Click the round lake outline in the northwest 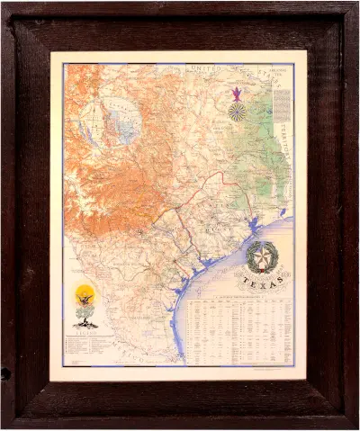(118, 122)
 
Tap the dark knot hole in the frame (6, 372)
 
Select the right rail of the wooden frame (329, 216)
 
